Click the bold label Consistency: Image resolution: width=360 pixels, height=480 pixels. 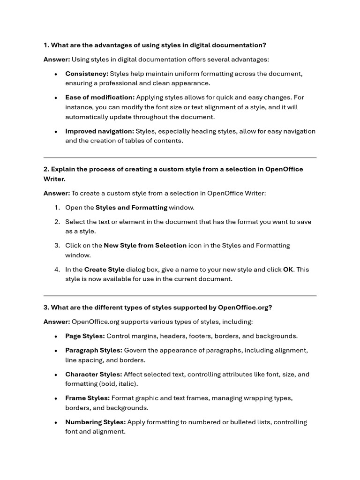(x=87, y=74)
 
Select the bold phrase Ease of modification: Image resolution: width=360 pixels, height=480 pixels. (x=100, y=97)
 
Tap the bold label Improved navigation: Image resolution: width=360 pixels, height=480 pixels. (x=99, y=131)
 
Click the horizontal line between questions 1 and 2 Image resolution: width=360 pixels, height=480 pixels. (x=180, y=157)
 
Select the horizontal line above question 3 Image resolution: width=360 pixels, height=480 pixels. (x=180, y=296)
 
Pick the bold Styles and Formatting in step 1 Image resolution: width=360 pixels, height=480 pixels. (x=131, y=207)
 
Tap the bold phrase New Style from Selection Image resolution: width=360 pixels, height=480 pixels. (x=145, y=245)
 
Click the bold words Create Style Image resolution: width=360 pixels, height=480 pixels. (x=104, y=269)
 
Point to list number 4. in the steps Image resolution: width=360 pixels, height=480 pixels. (x=57, y=269)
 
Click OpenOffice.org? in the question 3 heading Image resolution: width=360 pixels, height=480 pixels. (x=245, y=307)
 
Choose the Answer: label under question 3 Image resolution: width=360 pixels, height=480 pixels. (x=57, y=322)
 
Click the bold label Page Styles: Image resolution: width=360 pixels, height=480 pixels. (x=85, y=336)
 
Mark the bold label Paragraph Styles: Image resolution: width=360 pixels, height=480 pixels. (x=94, y=350)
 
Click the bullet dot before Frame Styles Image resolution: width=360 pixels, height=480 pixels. (x=56, y=398)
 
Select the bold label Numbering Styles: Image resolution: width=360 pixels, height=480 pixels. (x=95, y=422)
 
